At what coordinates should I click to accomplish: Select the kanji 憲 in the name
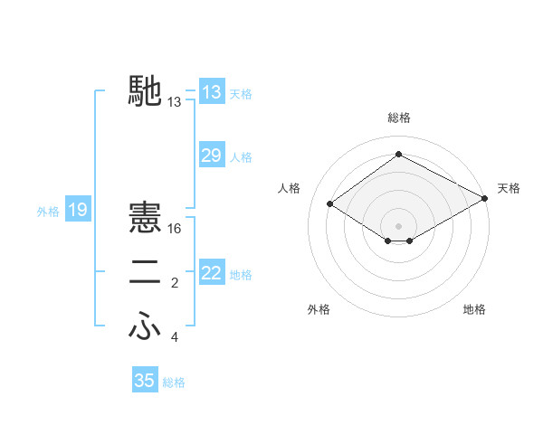pos(147,218)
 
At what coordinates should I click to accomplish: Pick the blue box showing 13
pos(212,91)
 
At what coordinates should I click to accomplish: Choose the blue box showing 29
pos(212,156)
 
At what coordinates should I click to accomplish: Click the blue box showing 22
pos(212,272)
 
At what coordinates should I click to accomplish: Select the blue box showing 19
pos(78,211)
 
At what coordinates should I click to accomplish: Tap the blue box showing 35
pos(145,381)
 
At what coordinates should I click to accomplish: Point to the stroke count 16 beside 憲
pos(175,229)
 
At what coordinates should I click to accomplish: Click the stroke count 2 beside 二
pos(174,283)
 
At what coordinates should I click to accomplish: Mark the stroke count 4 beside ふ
pos(174,337)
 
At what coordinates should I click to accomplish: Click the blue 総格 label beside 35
pos(174,382)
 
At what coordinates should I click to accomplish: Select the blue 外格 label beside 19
pos(48,212)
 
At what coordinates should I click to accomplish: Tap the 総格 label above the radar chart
pos(398,118)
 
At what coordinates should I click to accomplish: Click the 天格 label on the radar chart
pos(509,188)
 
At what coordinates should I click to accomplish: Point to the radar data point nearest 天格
pos(485,198)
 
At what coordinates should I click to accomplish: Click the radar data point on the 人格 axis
pos(330,204)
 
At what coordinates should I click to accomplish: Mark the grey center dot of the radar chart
pos(398,225)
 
